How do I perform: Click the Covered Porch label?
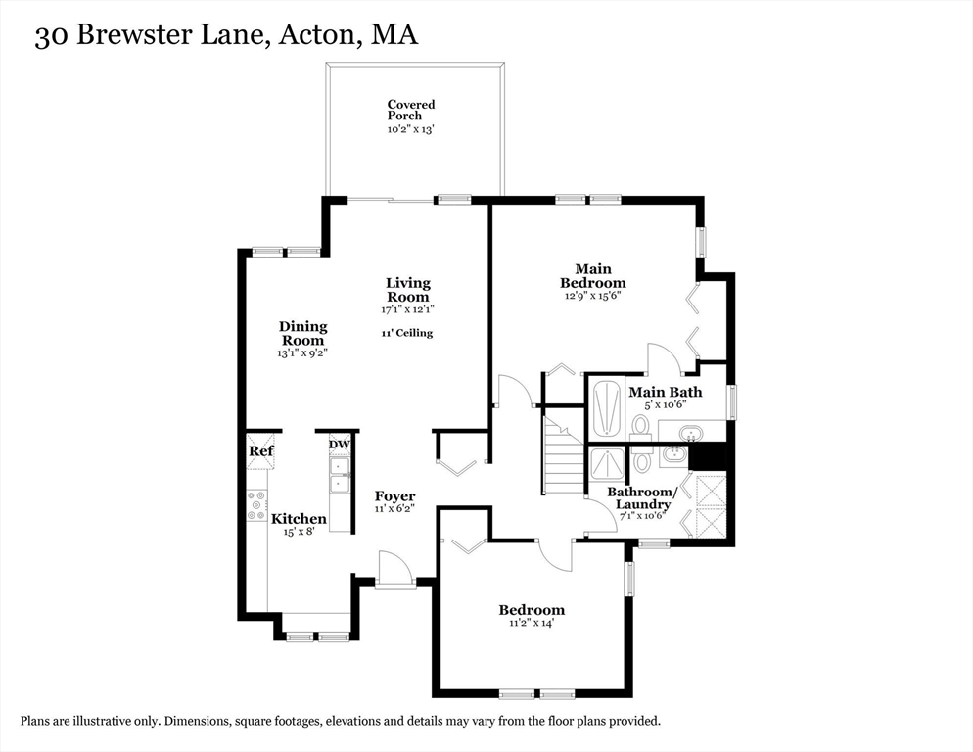(x=410, y=110)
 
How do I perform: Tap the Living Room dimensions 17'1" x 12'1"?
(x=407, y=309)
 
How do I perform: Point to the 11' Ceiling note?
(x=407, y=333)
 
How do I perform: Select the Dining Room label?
(x=302, y=333)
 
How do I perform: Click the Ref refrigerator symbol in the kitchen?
(x=260, y=450)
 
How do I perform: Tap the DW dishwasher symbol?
(x=340, y=445)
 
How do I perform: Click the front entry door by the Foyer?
(x=395, y=570)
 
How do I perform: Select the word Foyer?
(x=394, y=496)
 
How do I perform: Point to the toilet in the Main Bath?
(x=640, y=426)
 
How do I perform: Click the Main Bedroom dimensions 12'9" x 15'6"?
(x=592, y=295)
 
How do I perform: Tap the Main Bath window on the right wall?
(x=731, y=401)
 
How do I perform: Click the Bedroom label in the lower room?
(x=532, y=610)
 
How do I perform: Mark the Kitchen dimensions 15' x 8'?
(x=300, y=532)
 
